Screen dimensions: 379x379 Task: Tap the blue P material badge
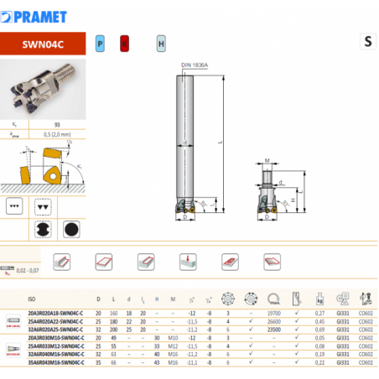pyautogui.click(x=100, y=42)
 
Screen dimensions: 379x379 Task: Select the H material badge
pyautogui.click(x=161, y=42)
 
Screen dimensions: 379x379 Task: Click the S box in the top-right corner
pyautogui.click(x=367, y=41)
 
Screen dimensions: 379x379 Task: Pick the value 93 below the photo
pyautogui.click(x=57, y=124)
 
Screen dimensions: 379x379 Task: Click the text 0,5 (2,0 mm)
pyautogui.click(x=57, y=132)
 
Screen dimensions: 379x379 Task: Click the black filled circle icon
pyautogui.click(x=72, y=229)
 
